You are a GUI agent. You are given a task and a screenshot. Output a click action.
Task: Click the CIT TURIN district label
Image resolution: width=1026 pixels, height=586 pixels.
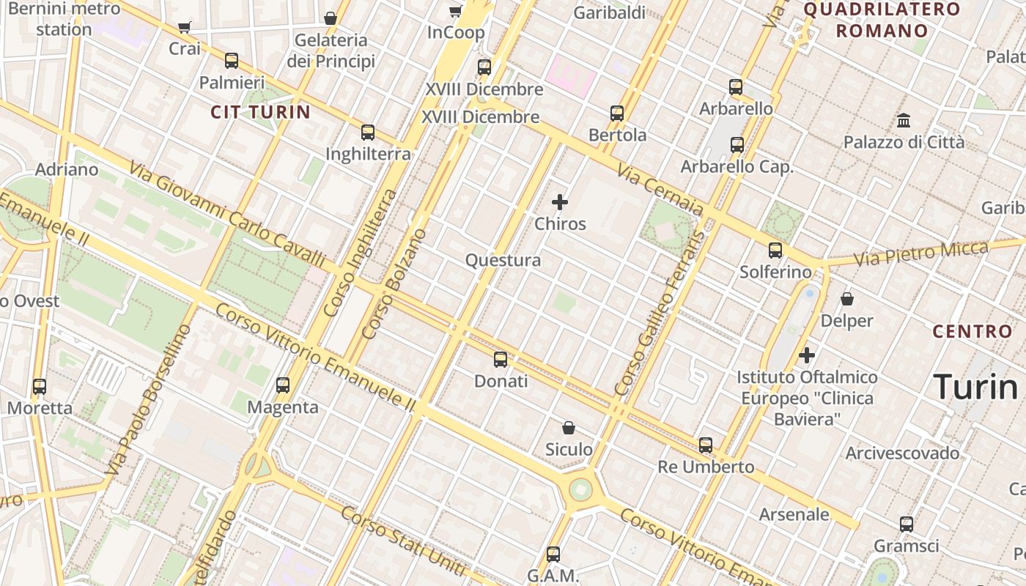coord(261,112)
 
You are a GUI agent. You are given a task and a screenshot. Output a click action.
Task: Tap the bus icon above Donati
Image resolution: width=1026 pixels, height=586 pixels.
coord(501,359)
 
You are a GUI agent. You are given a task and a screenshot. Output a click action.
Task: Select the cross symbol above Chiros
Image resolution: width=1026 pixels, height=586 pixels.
coord(560,201)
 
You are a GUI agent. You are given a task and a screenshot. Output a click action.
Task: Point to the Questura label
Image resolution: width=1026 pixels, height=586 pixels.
coord(503,260)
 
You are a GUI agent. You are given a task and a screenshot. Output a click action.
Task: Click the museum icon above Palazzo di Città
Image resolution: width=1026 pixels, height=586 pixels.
coord(904,120)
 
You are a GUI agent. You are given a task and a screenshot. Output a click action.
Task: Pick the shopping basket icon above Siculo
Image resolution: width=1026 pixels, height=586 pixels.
coord(569,427)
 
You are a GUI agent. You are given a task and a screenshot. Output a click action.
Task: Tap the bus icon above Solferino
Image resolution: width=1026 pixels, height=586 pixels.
coord(775,251)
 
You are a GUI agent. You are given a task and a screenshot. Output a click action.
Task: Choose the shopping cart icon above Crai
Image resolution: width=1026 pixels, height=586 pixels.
coord(185,28)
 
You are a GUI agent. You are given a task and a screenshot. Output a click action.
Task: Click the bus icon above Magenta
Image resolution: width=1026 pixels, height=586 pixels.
coord(283,385)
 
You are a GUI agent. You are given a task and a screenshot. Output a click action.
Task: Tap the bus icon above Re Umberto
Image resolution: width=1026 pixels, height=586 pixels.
coord(706,445)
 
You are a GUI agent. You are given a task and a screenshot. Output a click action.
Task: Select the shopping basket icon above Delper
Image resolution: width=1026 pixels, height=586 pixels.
coord(847,299)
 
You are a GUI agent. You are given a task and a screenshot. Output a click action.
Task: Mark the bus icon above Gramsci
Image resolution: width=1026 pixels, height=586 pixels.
coord(907,524)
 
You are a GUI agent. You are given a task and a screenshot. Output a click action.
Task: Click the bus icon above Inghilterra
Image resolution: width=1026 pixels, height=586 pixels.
coord(368,133)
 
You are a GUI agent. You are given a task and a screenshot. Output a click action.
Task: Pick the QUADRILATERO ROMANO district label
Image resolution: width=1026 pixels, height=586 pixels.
coord(882,20)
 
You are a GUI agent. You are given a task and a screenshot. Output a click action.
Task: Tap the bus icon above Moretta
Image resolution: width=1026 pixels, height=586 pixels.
coord(40,386)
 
